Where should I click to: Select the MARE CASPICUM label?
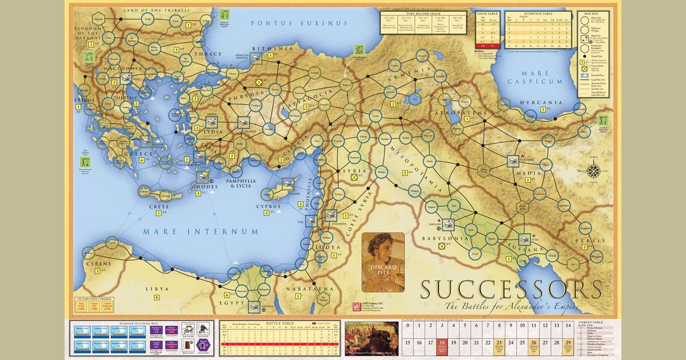tap(537, 78)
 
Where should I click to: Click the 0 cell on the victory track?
tap(408, 329)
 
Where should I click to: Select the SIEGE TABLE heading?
tap(483, 12)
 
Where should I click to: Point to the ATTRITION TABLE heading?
tap(537, 12)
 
